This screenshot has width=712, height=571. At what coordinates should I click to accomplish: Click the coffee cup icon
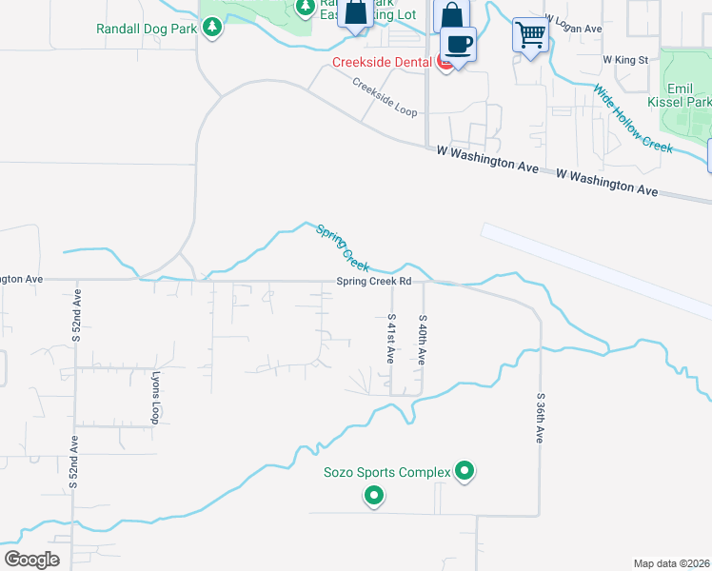coord(459,44)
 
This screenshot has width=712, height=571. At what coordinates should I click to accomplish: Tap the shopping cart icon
coord(530,35)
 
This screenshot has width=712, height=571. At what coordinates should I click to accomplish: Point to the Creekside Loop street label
coord(385,97)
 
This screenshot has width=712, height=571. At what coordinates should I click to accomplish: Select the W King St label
coord(625,59)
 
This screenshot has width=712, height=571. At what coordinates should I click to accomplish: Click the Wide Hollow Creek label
coord(633,118)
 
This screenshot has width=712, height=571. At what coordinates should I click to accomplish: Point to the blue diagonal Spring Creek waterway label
coord(342,247)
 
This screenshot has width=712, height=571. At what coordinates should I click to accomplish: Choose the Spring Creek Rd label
coord(373,282)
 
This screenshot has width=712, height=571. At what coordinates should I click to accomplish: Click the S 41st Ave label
coord(391,339)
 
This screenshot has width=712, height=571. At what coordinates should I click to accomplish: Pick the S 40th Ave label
coord(422,339)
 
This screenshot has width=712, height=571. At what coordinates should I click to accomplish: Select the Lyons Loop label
coord(156,399)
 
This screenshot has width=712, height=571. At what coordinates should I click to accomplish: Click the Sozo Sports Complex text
coord(386,471)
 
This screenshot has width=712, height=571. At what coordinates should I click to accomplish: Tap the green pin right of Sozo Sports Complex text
coord(465,470)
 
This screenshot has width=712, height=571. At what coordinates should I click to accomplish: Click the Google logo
coord(32,559)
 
